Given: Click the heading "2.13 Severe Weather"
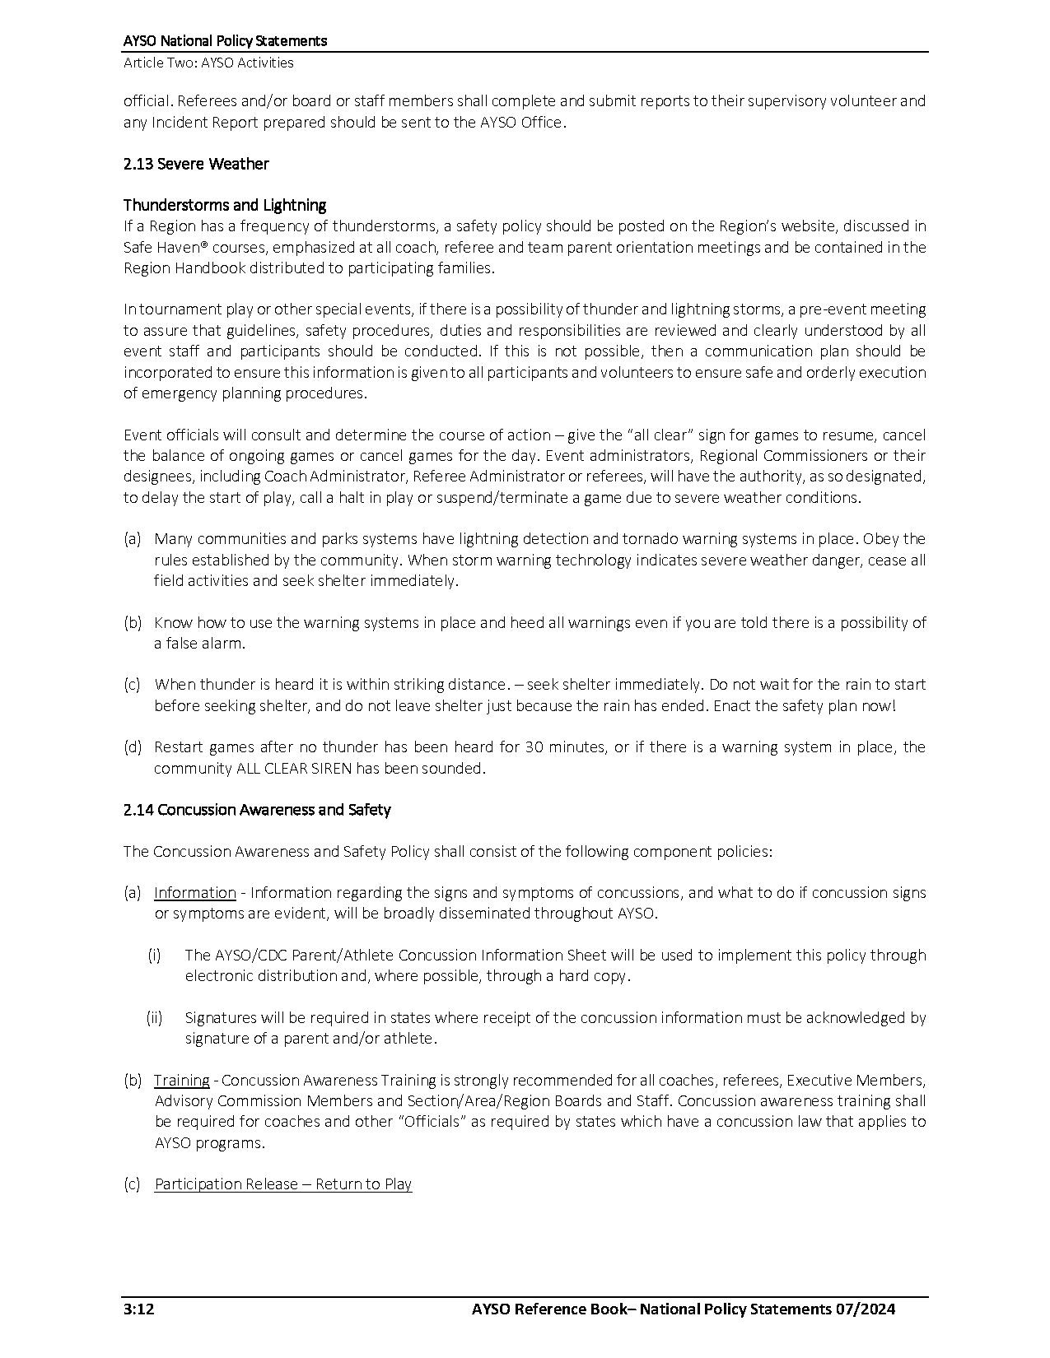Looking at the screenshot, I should coord(196,164).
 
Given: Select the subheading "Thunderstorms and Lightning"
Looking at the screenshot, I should coord(225,205).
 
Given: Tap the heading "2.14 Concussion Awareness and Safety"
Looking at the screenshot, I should coord(257,810).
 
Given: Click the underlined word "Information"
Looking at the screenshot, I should coord(195,893).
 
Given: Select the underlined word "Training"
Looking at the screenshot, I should coord(181,1080).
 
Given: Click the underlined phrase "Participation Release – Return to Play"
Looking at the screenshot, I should coord(283,1184).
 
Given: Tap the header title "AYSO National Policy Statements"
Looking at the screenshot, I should coord(225,40).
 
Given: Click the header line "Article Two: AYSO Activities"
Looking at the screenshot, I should coord(208,63).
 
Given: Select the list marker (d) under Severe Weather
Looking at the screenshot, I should coord(132,747).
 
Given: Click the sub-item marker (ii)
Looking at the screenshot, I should coord(154,1018).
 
